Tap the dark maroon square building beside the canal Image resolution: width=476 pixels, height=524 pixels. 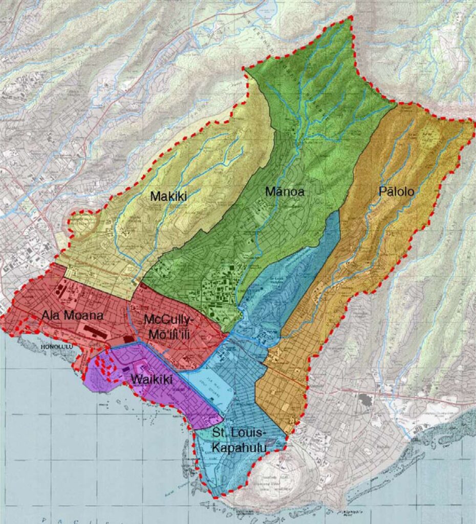click(x=128, y=339)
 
